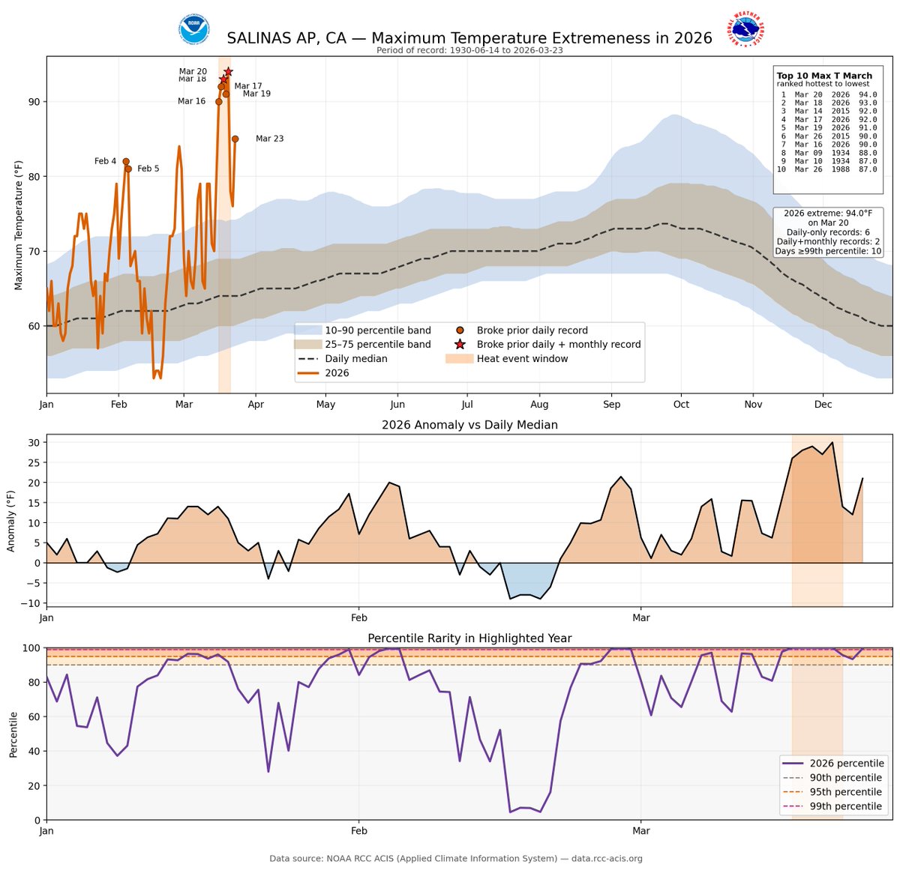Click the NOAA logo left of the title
(x=194, y=30)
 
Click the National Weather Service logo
(x=745, y=30)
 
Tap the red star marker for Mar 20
(x=228, y=72)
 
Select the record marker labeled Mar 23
(x=235, y=139)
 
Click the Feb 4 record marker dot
(x=126, y=161)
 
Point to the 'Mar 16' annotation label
(x=191, y=101)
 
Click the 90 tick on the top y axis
(x=34, y=102)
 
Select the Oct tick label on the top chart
(x=681, y=405)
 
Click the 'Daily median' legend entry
(x=355, y=359)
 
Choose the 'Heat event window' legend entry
(x=522, y=359)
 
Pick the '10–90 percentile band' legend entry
(x=377, y=330)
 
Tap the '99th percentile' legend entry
(x=845, y=806)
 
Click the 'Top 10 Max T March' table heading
(x=824, y=76)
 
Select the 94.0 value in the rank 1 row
(x=868, y=95)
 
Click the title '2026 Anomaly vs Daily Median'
(x=469, y=425)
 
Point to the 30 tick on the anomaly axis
(x=34, y=442)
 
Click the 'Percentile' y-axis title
(x=13, y=734)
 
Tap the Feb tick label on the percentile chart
(x=358, y=830)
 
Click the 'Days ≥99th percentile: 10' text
(x=828, y=252)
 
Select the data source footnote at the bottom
(x=456, y=859)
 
